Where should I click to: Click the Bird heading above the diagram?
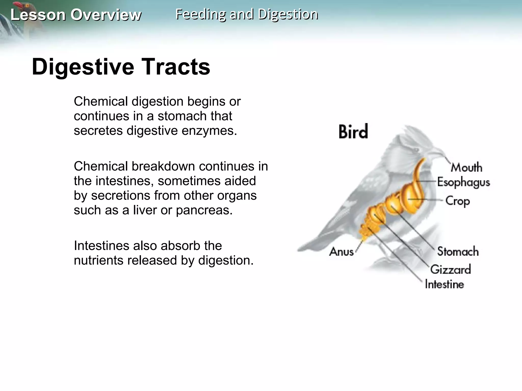353,132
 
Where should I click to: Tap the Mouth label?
466,167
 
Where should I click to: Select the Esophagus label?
463,182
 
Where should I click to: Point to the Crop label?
458,201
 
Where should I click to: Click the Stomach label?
458,251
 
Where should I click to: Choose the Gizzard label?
450,269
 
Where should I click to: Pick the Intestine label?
444,284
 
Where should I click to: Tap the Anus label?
341,252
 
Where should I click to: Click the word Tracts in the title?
176,67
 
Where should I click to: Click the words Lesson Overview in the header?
76,15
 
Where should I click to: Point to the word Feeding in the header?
201,14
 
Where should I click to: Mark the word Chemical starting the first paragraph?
101,102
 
